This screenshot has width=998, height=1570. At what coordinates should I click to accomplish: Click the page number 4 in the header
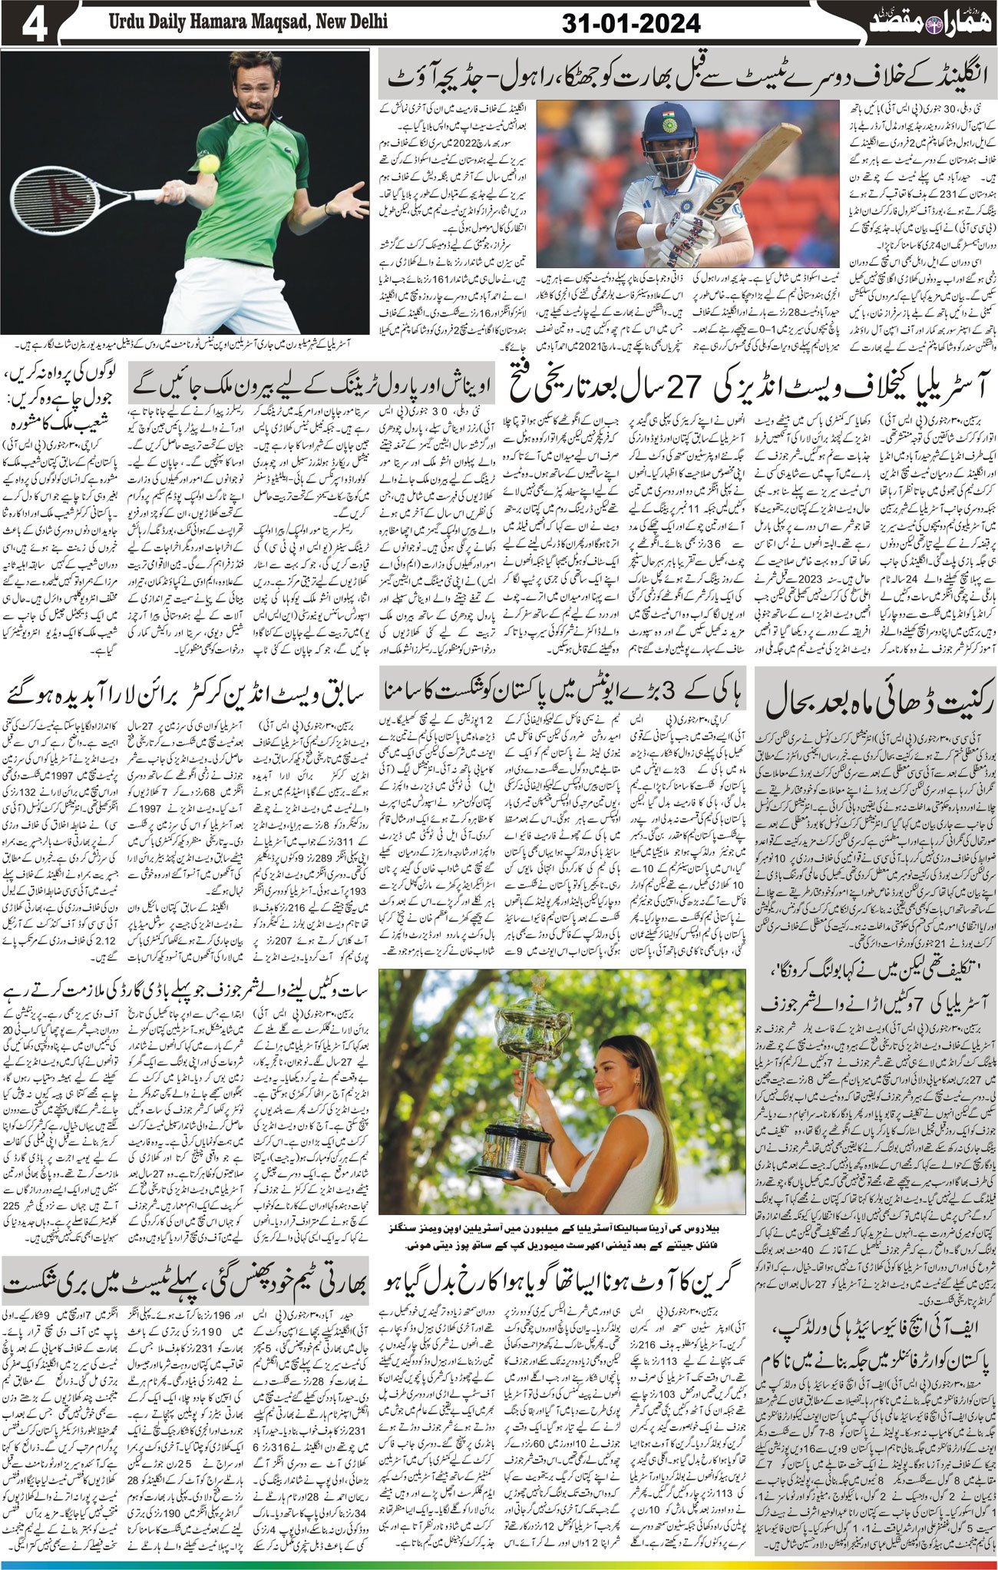coord(35,25)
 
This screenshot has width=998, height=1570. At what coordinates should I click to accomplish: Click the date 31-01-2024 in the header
coord(631,24)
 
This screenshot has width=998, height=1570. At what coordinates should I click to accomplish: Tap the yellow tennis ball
coord(208,163)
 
